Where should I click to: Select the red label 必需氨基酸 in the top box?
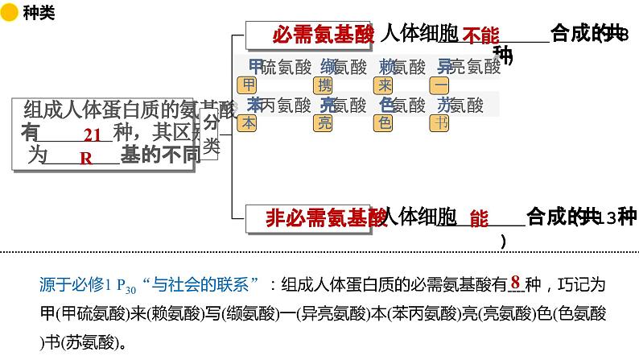[323, 35]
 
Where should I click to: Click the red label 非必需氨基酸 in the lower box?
[325, 217]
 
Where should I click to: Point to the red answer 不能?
[480, 35]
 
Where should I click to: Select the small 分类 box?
[209, 134]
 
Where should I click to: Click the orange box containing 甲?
[249, 85]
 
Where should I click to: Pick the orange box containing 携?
[325, 85]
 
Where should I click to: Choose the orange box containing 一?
[441, 85]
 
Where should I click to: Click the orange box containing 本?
[249, 122]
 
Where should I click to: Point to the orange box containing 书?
[441, 122]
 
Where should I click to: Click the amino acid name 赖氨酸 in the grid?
[403, 67]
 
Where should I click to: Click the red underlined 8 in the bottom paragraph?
[514, 283]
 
